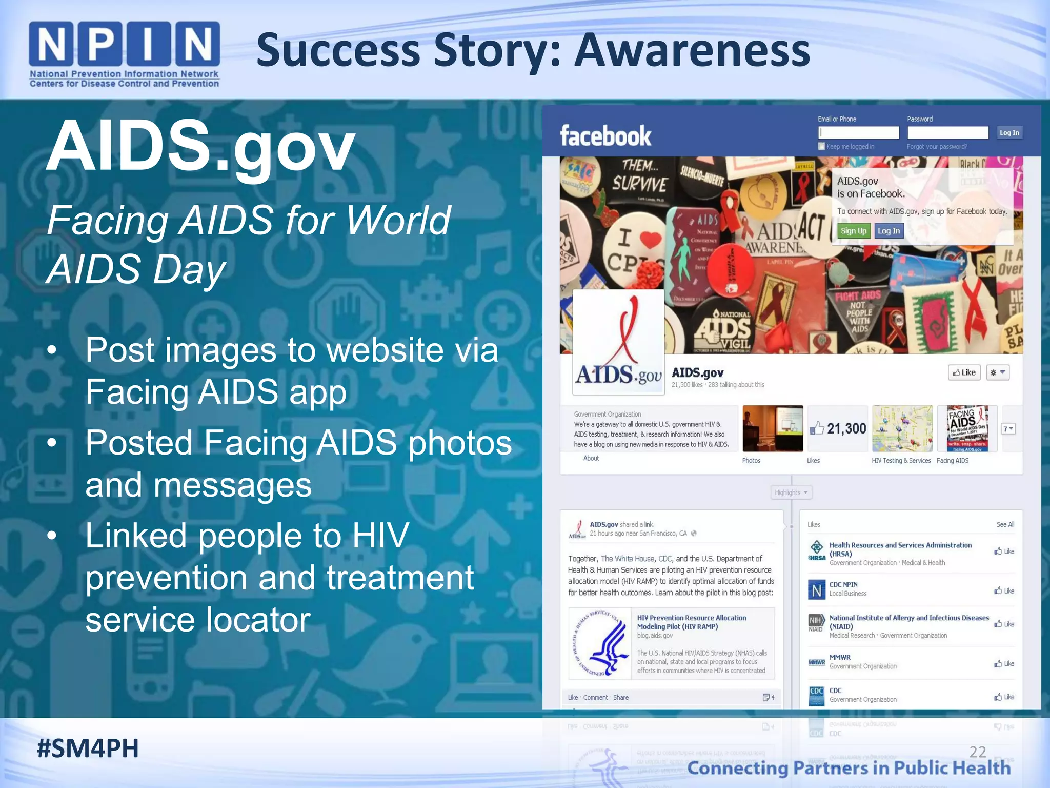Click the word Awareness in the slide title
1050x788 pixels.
pyautogui.click(x=692, y=51)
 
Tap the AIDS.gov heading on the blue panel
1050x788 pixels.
pyautogui.click(x=200, y=146)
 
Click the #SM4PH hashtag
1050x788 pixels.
pyautogui.click(x=88, y=748)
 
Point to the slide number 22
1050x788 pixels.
pyautogui.click(x=977, y=752)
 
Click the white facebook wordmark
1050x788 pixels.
pyautogui.click(x=605, y=136)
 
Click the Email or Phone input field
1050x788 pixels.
pyautogui.click(x=858, y=133)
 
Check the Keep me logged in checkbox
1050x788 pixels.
pyautogui.click(x=821, y=147)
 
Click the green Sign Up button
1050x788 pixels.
pyautogui.click(x=853, y=231)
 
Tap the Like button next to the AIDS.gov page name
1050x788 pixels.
pyautogui.click(x=964, y=372)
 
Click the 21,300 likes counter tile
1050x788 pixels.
pyautogui.click(x=838, y=428)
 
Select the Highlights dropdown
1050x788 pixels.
pyautogui.click(x=791, y=493)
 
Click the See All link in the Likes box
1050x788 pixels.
pyautogui.click(x=1005, y=524)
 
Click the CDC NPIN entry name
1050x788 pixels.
pyautogui.click(x=843, y=584)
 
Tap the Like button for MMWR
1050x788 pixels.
pyautogui.click(x=1004, y=664)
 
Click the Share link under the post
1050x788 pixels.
pyautogui.click(x=620, y=698)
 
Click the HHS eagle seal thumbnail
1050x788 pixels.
pyautogui.click(x=600, y=643)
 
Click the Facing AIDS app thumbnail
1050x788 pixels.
pyautogui.click(x=967, y=428)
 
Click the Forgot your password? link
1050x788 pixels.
pyautogui.click(x=937, y=147)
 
